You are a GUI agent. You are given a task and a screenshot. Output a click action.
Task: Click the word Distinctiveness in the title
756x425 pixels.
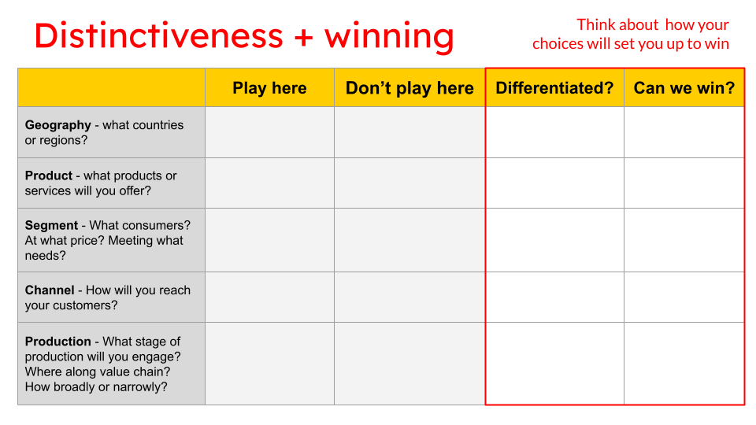click(x=158, y=35)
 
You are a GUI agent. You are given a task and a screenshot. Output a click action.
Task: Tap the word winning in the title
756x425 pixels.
click(x=389, y=37)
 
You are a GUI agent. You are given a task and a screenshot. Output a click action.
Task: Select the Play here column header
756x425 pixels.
click(x=269, y=88)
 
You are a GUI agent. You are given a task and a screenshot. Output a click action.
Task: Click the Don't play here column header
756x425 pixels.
click(x=409, y=88)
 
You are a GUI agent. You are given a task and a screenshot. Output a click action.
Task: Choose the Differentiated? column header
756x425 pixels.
click(x=554, y=88)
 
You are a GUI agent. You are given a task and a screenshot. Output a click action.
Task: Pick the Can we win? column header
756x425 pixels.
click(x=684, y=88)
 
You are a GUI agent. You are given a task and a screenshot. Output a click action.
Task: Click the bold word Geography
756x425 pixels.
click(x=58, y=125)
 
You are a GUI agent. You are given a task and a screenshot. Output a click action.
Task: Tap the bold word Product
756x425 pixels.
click(x=49, y=176)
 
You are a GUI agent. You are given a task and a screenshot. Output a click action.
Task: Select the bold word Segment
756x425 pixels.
click(x=52, y=225)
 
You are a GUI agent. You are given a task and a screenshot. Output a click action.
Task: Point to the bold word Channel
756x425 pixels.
click(x=50, y=290)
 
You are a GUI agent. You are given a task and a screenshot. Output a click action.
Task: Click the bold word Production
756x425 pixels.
click(x=58, y=342)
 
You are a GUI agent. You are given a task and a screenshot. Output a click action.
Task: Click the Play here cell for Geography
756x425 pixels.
click(x=269, y=132)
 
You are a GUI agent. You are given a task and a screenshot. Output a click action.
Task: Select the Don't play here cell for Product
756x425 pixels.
click(x=409, y=183)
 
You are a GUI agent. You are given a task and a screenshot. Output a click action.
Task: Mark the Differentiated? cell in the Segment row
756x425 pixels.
click(x=554, y=240)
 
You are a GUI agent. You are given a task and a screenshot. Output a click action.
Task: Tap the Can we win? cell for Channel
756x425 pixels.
click(x=684, y=297)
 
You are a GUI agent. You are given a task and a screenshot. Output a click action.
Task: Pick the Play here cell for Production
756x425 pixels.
click(x=269, y=364)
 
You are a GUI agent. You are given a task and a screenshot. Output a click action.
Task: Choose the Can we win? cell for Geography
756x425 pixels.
click(x=684, y=132)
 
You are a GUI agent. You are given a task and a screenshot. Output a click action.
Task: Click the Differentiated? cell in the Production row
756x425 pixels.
click(x=554, y=364)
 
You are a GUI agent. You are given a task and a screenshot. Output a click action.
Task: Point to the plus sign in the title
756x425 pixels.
click(x=303, y=37)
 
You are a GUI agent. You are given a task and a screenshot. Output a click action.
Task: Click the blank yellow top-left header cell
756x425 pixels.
click(x=111, y=88)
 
